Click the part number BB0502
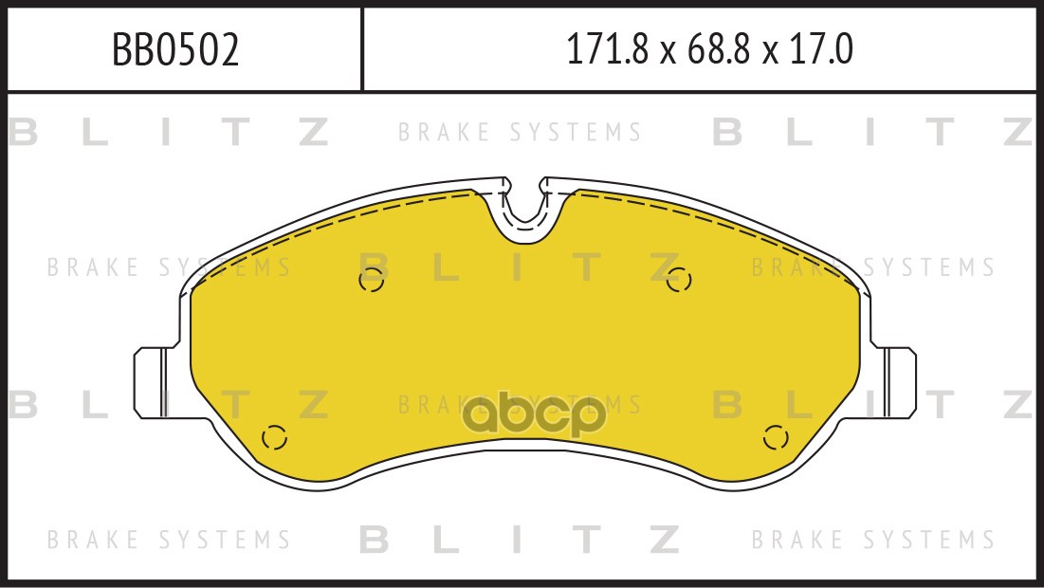click(175, 50)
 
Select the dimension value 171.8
click(607, 49)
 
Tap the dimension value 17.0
click(821, 49)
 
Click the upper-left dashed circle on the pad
click(372, 281)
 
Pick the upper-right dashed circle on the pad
click(679, 280)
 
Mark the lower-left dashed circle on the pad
click(274, 437)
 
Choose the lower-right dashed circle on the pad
click(776, 437)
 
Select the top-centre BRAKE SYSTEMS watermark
click(520, 132)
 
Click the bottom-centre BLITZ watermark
click(520, 539)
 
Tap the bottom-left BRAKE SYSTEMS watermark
click(169, 539)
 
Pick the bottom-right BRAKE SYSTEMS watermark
click(873, 539)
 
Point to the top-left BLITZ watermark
click(169, 132)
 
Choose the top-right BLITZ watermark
click(873, 132)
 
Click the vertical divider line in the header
click(362, 48)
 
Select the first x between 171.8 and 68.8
click(668, 52)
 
